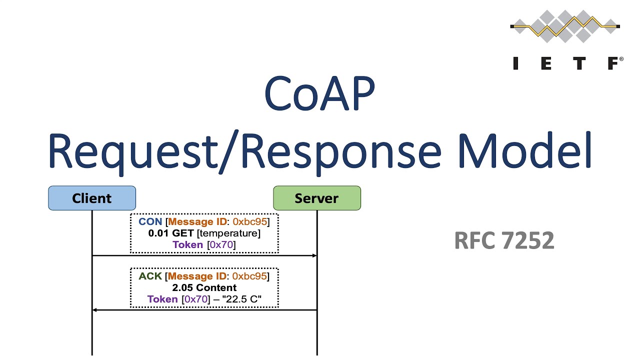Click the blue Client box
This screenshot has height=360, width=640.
click(92, 198)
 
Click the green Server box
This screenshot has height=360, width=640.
click(316, 198)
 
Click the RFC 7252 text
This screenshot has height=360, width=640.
click(504, 241)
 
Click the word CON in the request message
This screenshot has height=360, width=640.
click(150, 221)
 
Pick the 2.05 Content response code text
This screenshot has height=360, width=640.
click(204, 288)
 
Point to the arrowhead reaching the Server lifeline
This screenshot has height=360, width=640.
click(314, 255)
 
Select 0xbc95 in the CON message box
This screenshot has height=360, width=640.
click(250, 221)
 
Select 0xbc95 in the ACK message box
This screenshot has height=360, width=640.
click(250, 276)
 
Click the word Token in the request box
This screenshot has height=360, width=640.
click(187, 244)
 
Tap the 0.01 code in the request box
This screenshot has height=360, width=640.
click(158, 233)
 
